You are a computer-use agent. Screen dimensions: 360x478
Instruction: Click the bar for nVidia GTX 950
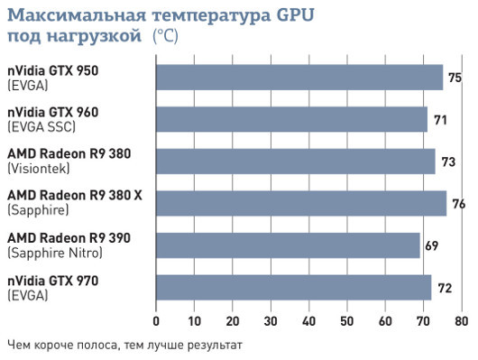tap(299, 77)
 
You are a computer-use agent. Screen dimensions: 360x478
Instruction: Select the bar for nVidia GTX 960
tap(291, 119)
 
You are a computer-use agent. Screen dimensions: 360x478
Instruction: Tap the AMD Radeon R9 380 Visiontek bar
tap(296, 161)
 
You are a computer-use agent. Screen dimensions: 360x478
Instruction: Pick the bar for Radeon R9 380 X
tap(301, 203)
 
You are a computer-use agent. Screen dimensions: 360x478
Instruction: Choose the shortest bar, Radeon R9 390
tap(288, 245)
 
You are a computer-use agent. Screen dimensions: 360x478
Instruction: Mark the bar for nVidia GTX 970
tap(294, 287)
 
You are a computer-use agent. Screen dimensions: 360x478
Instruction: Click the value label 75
tap(455, 78)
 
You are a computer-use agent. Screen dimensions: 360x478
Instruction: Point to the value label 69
tap(432, 246)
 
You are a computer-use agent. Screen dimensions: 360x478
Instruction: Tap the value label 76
tap(458, 205)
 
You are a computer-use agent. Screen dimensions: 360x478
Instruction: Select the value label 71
tap(440, 120)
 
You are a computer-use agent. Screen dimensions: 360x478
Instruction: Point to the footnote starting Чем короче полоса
tap(124, 344)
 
